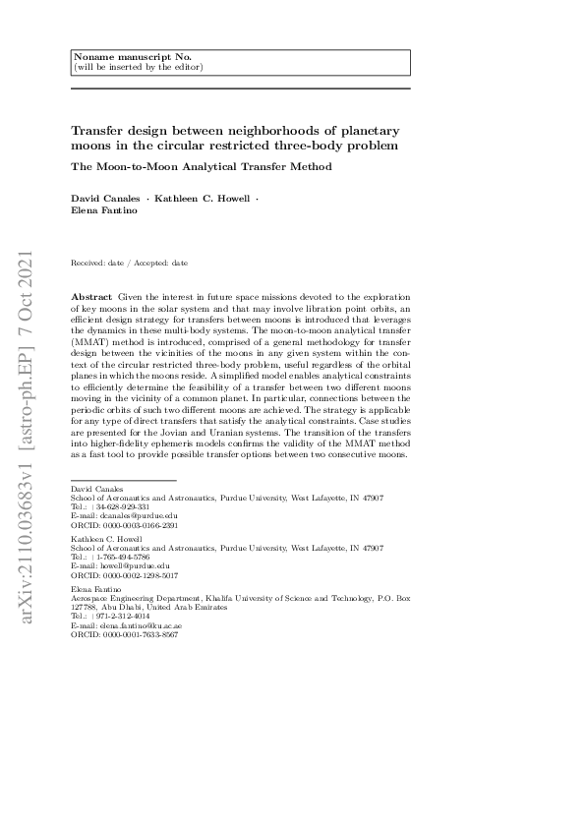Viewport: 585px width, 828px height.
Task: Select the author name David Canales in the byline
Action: click(106, 200)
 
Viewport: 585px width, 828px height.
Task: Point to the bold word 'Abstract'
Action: click(92, 296)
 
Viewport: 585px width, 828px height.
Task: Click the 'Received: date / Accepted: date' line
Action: click(130, 264)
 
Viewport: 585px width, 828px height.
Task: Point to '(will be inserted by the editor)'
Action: click(138, 67)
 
